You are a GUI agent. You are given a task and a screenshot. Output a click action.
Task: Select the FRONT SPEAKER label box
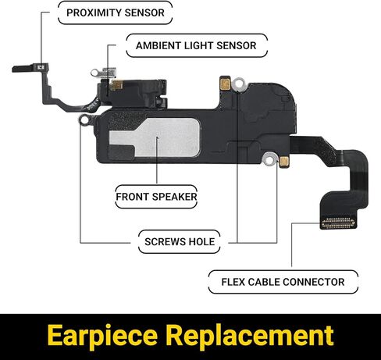coord(156,197)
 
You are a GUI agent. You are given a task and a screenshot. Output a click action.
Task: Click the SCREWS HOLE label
coord(180,241)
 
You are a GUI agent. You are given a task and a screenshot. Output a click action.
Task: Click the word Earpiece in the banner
coord(102,336)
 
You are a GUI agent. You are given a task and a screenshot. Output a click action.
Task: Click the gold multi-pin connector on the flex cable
coord(338,223)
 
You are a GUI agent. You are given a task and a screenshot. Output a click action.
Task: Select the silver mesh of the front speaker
coord(155,138)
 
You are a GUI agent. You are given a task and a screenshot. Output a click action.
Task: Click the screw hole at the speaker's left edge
coord(84,120)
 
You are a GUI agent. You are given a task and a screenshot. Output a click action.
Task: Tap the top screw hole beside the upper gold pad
coord(239,84)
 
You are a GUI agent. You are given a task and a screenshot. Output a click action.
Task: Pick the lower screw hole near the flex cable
coord(269,159)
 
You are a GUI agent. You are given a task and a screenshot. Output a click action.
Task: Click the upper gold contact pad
coord(225,84)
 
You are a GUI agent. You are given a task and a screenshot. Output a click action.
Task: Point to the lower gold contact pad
coord(284,162)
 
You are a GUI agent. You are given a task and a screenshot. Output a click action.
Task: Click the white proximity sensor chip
coord(41,67)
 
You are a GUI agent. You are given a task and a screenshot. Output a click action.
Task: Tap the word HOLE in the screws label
coord(201,242)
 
